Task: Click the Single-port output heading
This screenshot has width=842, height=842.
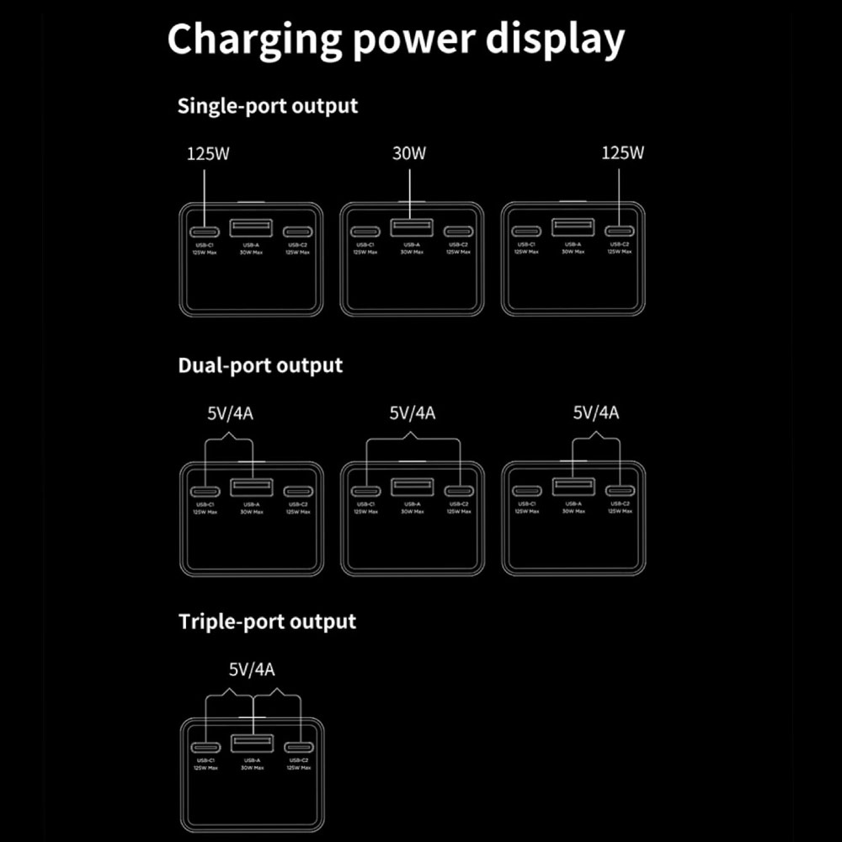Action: coord(268,107)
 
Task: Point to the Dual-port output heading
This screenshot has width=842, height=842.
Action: coord(260,366)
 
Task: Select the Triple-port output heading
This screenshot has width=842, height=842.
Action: coord(267,622)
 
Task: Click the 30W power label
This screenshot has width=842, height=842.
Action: coord(409,154)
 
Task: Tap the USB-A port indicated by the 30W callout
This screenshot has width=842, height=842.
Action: coord(412,227)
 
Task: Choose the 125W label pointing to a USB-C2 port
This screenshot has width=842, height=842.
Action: coord(622,154)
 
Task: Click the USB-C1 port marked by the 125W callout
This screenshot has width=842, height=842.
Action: coord(205,232)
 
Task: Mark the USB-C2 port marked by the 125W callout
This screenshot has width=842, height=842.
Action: coord(620,232)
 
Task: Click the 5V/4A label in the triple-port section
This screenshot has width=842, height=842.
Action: coord(252,670)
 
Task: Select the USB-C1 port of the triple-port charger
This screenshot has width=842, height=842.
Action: coord(205,748)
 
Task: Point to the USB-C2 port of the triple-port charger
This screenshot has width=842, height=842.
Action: coord(298,748)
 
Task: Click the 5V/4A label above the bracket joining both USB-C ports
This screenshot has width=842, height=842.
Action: coord(412,413)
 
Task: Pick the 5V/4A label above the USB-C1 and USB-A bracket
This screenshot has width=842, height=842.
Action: coord(229,413)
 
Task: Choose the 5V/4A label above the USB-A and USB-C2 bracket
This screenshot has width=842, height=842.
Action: coord(596,413)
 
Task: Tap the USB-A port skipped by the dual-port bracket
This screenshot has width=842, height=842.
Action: coord(412,487)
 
